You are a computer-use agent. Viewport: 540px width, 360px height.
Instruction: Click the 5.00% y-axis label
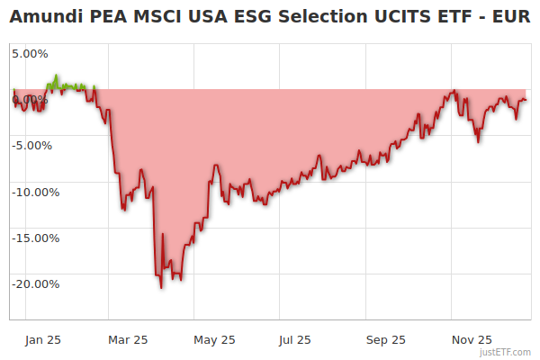tap(30, 53)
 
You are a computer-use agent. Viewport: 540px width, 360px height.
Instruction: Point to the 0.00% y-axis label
tap(30, 98)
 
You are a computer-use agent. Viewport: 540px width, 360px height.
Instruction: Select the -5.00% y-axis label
tap(32, 145)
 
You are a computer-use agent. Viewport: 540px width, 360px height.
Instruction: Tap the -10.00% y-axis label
tap(35, 192)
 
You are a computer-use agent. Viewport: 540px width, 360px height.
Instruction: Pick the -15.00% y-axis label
tap(35, 238)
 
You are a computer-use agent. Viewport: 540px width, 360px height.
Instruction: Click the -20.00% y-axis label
tap(35, 284)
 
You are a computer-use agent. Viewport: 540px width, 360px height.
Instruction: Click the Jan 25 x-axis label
tap(43, 339)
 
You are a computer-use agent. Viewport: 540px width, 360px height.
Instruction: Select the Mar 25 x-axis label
tap(128, 339)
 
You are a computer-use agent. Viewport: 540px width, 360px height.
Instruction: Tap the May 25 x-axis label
tap(214, 339)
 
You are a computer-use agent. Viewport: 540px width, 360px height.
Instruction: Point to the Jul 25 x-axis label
tap(294, 339)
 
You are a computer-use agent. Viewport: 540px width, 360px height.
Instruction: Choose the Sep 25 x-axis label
tap(385, 339)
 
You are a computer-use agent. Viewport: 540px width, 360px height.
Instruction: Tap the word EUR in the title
tap(509, 17)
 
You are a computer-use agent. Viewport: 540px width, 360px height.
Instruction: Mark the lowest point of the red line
tap(161, 288)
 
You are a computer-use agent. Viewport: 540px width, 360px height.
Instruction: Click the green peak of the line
tap(57, 76)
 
